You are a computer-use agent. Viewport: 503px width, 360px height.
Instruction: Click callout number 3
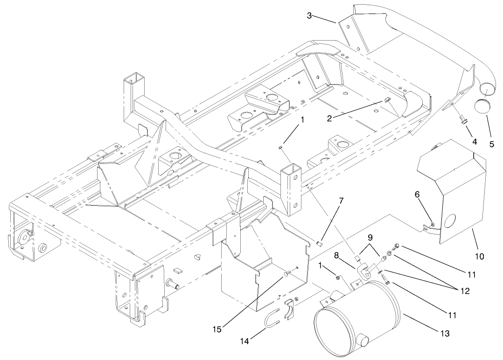(309, 16)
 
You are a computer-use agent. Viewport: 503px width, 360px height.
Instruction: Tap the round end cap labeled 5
(482, 106)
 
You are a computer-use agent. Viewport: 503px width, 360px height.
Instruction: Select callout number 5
(492, 144)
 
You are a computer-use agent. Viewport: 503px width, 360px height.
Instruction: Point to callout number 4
(474, 141)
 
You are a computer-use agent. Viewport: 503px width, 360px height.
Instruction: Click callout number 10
(480, 256)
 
